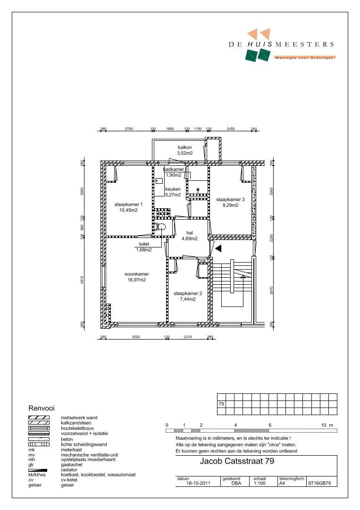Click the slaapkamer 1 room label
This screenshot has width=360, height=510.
[x=128, y=204]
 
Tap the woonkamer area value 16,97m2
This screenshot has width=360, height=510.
[x=136, y=280]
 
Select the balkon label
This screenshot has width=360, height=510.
[x=184, y=147]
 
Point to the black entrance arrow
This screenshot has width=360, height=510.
[x=218, y=248]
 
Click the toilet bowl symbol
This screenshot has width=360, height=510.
[x=160, y=226]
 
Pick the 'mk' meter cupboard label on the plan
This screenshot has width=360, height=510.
[x=203, y=261]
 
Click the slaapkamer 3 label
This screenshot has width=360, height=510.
[x=230, y=199]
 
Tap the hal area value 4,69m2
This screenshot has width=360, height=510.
[x=189, y=238]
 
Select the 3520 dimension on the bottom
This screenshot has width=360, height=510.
[x=136, y=337]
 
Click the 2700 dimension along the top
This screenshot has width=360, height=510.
[x=129, y=129]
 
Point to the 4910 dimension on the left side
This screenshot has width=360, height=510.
[x=82, y=280]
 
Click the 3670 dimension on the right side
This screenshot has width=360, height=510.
[x=271, y=290]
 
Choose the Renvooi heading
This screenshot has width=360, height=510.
[x=42, y=408]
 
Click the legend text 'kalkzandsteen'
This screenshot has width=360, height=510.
[x=76, y=423]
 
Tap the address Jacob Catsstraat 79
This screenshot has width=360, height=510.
[x=237, y=461]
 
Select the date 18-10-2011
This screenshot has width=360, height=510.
[x=198, y=484]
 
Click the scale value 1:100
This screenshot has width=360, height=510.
[x=260, y=484]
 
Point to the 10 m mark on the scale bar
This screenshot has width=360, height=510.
[x=327, y=425]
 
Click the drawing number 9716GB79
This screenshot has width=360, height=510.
[x=319, y=484]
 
